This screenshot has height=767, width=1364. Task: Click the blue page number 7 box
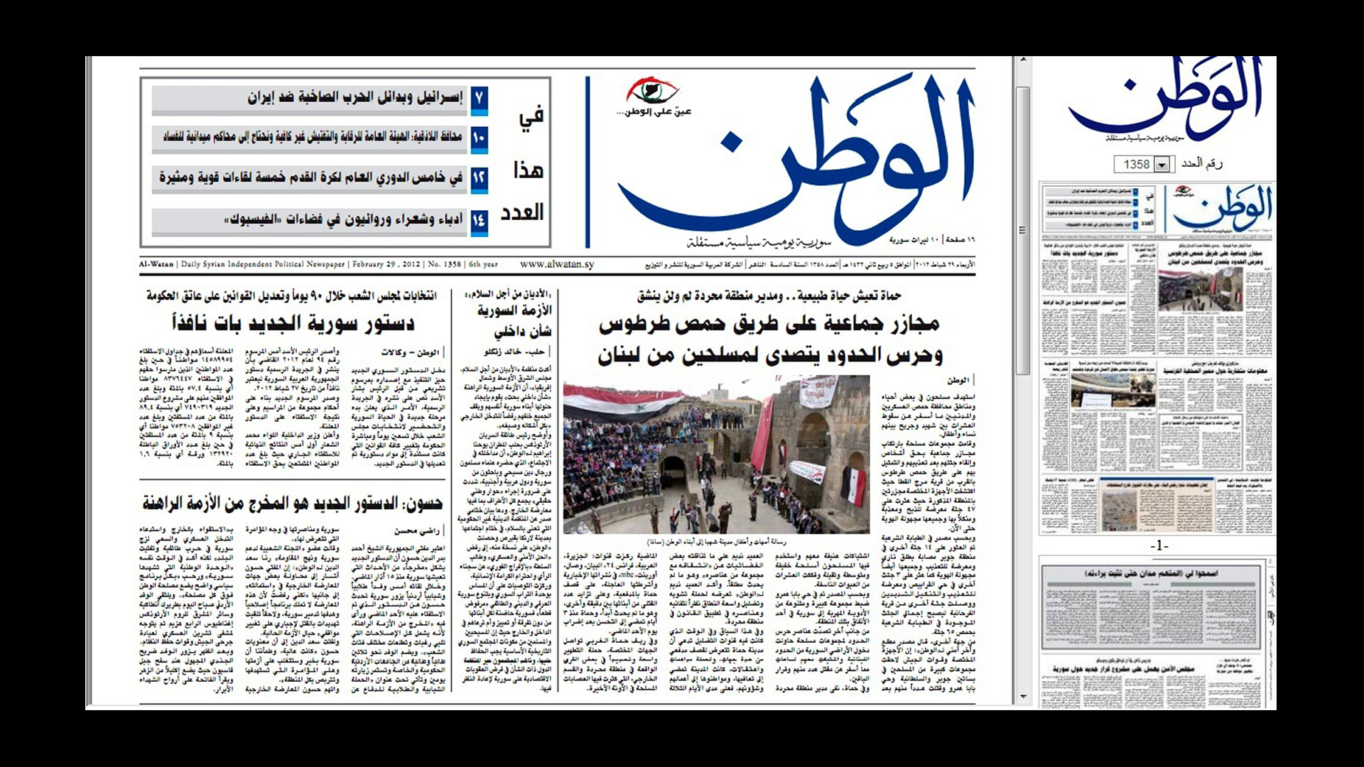coord(479,98)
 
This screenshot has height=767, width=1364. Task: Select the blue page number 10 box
coord(479,138)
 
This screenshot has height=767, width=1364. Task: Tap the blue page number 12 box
coord(479,178)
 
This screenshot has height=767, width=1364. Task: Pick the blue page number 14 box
coord(479,220)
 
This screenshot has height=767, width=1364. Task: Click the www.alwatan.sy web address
coord(556,264)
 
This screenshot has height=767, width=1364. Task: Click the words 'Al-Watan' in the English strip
coord(156,264)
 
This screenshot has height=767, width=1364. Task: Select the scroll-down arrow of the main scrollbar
coord(1023,697)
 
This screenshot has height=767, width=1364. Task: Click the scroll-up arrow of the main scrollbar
coord(1023,62)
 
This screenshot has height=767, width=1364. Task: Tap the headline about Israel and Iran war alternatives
coord(355,98)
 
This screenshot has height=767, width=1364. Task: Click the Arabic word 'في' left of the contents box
coord(530,116)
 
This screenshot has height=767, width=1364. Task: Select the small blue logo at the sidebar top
coord(1165,99)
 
